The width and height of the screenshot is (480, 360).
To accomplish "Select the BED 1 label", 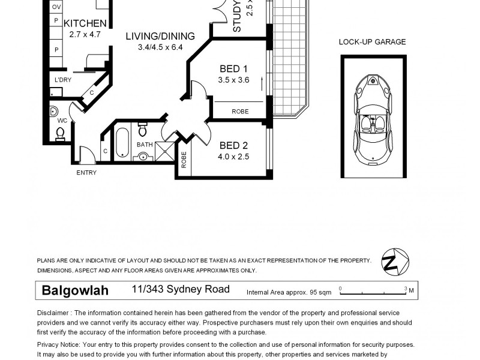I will [x=233, y=68].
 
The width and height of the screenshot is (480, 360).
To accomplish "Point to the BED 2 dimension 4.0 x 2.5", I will [x=233, y=157].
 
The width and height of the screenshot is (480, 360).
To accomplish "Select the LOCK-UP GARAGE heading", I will [x=372, y=42].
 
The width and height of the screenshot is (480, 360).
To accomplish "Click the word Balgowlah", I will [x=75, y=291].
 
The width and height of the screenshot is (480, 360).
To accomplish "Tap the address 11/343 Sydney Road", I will [x=181, y=290].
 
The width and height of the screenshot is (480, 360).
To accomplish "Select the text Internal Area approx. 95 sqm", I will [x=289, y=293].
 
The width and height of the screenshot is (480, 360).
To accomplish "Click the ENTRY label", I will [x=86, y=173].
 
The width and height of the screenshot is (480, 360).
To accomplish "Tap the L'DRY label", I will [x=62, y=80].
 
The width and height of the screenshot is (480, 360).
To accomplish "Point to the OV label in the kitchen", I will [x=56, y=7].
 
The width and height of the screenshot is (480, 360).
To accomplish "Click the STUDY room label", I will [x=236, y=16].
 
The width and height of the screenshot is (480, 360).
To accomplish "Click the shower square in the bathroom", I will [x=163, y=152].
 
